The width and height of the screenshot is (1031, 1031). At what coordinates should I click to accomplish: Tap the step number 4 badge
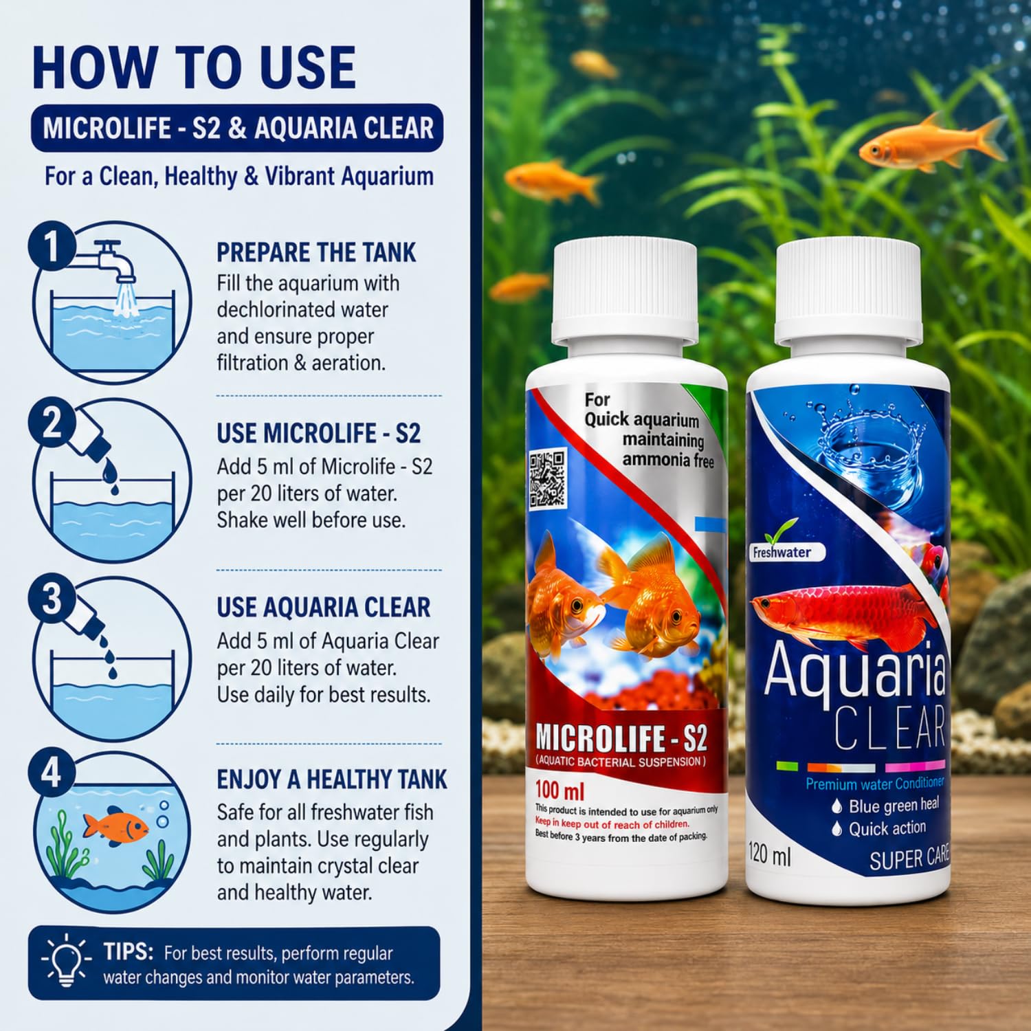52,773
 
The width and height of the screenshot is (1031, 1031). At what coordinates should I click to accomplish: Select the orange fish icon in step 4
115,825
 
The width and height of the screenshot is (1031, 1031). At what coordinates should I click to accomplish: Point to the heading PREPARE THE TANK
316,252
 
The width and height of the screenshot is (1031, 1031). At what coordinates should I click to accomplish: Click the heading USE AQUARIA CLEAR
324,607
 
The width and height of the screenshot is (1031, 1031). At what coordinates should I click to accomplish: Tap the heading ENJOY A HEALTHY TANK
332,779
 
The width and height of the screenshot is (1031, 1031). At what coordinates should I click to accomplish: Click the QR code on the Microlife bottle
547,478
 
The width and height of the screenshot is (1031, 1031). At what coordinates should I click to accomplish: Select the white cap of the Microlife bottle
625,293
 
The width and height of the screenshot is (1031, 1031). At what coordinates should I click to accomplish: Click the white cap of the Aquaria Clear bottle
848,293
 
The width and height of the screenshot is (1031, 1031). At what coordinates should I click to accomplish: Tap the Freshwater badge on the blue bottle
783,551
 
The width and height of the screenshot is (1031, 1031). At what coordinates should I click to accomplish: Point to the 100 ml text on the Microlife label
559,790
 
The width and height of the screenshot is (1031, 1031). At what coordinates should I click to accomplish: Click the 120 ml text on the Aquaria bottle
769,854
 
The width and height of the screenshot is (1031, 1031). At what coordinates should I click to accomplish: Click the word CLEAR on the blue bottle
890,728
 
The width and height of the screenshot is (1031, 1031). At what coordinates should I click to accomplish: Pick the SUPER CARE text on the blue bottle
909,858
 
